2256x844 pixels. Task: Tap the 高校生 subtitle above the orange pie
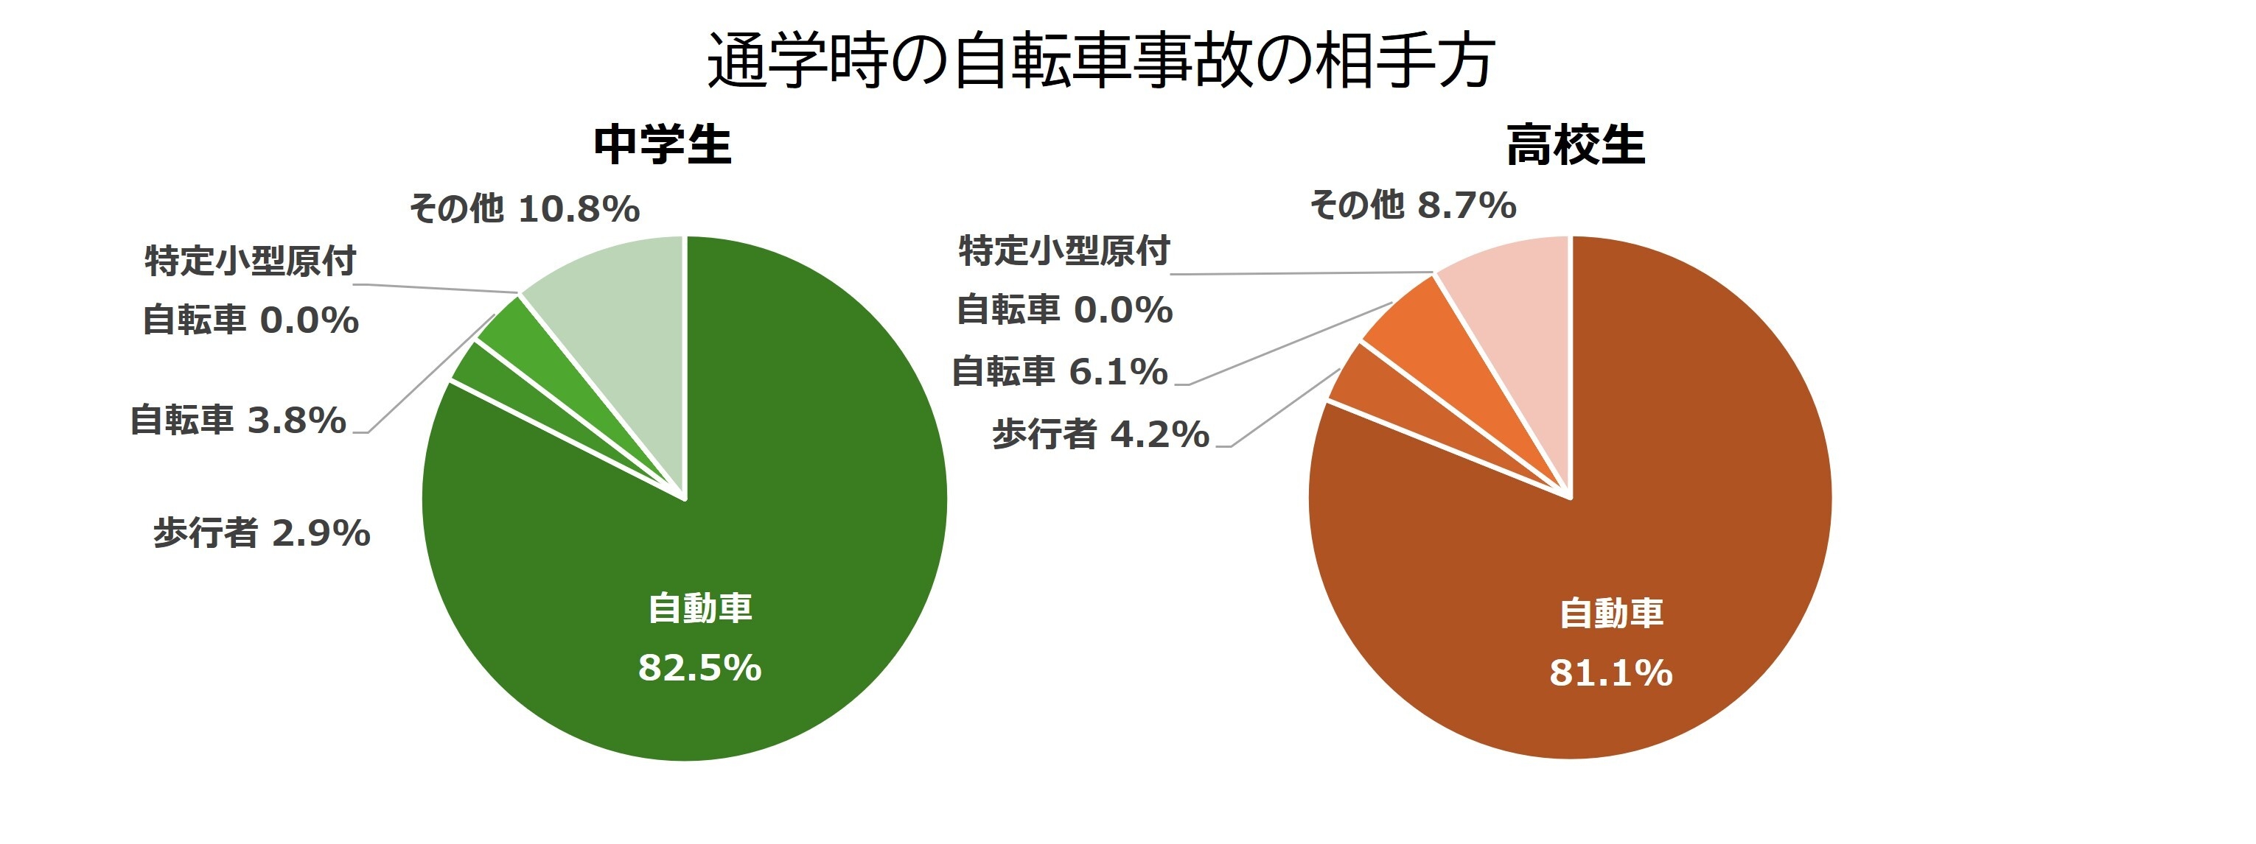[1575, 145]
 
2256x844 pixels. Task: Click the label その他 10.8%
[524, 209]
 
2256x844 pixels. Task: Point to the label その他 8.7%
[1412, 205]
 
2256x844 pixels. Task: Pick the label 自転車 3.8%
[238, 421]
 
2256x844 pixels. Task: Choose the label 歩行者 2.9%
[261, 533]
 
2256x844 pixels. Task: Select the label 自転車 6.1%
[1060, 372]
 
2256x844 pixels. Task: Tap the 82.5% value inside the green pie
[699, 668]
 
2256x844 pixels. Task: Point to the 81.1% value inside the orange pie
[1610, 673]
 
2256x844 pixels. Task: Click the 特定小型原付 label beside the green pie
[251, 261]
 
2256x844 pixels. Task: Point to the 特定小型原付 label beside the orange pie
[1064, 251]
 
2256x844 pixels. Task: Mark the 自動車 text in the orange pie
[1610, 613]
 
